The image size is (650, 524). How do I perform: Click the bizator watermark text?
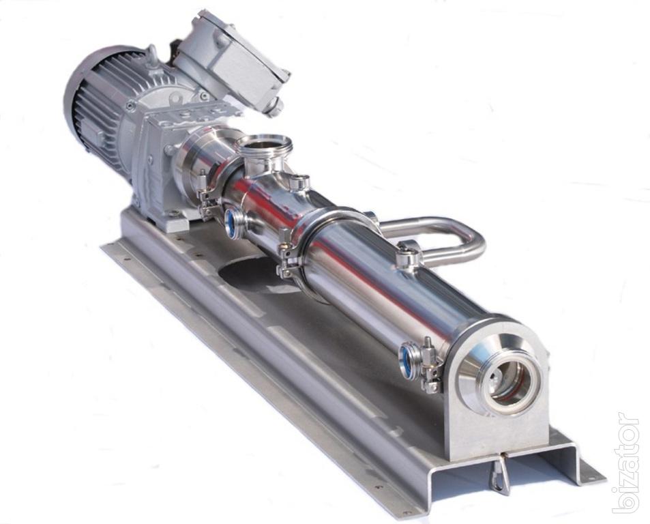pyautogui.click(x=626, y=462)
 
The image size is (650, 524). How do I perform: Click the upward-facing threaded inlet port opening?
pyautogui.click(x=264, y=145)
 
